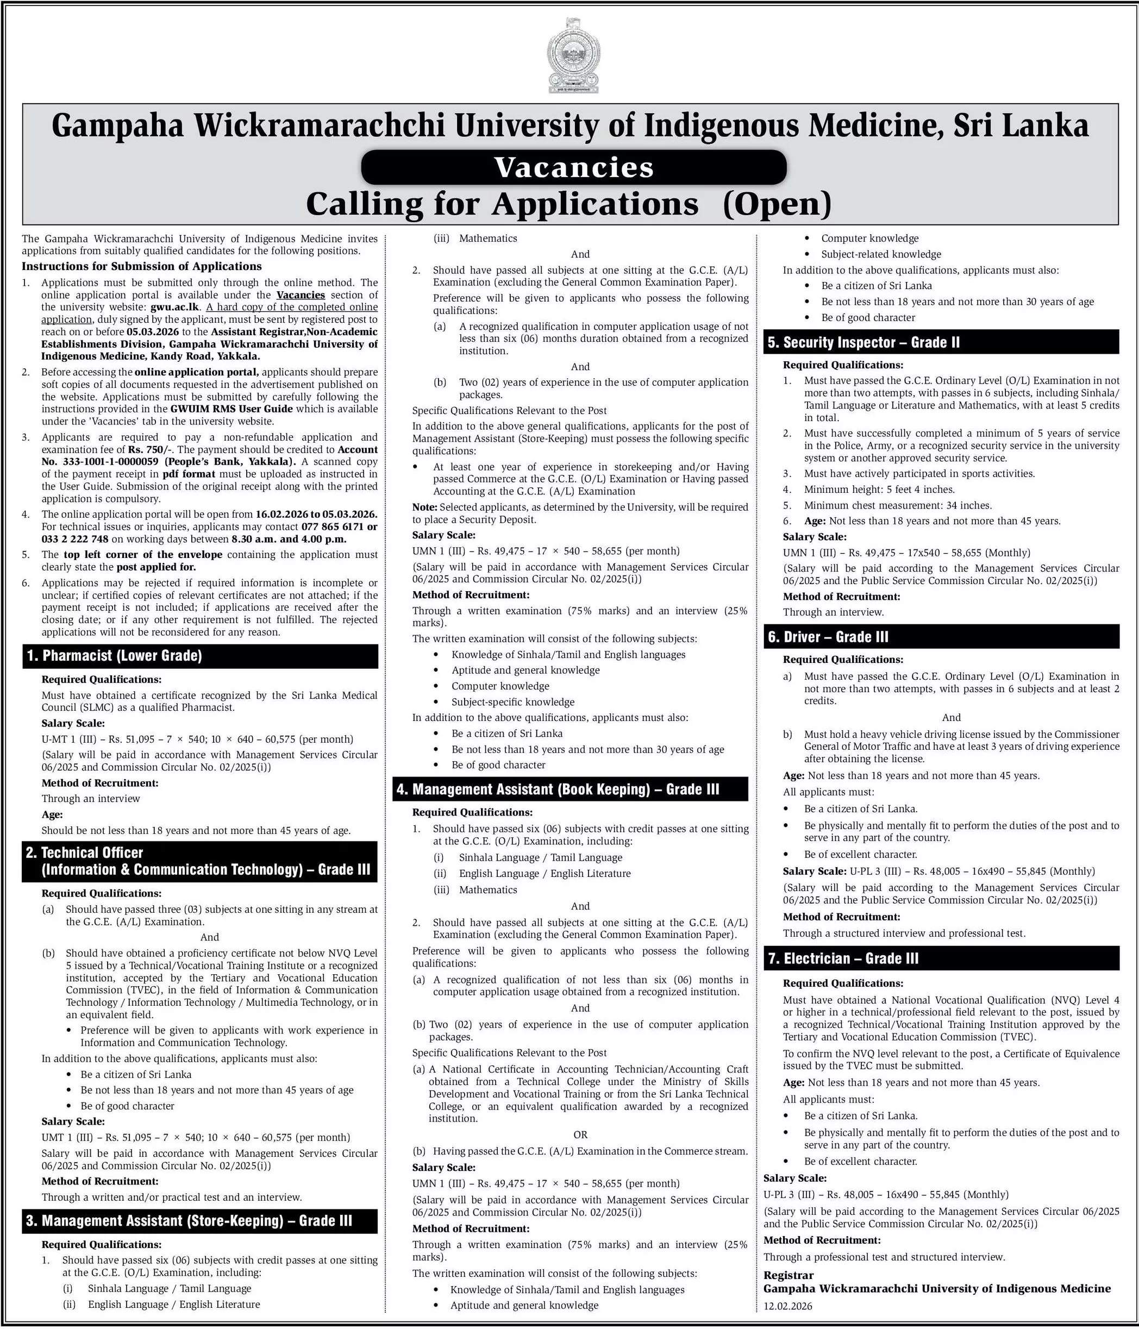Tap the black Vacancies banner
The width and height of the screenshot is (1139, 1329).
coord(573,167)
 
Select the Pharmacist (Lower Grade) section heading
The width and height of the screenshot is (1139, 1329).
coord(115,655)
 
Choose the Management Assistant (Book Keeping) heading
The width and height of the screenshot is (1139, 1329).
coord(558,789)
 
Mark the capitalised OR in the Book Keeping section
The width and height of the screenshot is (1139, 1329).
coord(580,1134)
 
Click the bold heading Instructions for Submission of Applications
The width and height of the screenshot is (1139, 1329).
coord(142,266)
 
